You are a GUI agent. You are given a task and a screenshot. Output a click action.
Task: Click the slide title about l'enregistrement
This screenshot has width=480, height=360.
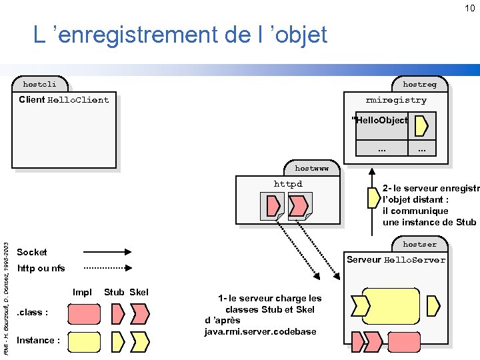point(181,34)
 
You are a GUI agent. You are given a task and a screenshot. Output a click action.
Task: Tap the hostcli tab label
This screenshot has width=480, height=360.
point(40,85)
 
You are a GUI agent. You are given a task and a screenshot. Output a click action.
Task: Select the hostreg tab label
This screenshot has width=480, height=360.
point(419,85)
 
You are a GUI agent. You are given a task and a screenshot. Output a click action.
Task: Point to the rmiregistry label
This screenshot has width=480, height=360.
point(396,100)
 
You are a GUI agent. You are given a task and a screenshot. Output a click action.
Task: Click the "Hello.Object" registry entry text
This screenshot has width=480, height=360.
point(380,121)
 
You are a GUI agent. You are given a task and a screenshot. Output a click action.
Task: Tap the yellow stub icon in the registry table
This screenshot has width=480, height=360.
point(421,125)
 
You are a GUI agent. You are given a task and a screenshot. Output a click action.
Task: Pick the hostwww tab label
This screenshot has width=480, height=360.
point(311,169)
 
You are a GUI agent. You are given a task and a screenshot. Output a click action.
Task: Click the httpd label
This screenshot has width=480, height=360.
point(288,184)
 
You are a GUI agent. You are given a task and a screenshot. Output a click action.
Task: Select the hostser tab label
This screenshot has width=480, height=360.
point(419,244)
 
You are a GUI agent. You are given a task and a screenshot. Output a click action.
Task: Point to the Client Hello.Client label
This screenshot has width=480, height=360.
point(64,100)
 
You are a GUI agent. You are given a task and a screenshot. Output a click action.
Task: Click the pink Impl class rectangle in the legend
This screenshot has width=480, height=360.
point(85,313)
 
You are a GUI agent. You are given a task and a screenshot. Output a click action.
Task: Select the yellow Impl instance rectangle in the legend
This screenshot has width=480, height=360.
point(85,341)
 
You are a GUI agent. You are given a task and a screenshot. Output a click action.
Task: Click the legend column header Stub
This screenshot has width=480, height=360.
point(114,292)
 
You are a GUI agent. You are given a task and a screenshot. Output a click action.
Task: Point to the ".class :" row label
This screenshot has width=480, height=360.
point(32,312)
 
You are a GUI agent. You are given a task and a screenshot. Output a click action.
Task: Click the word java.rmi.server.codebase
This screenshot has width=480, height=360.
point(261,332)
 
